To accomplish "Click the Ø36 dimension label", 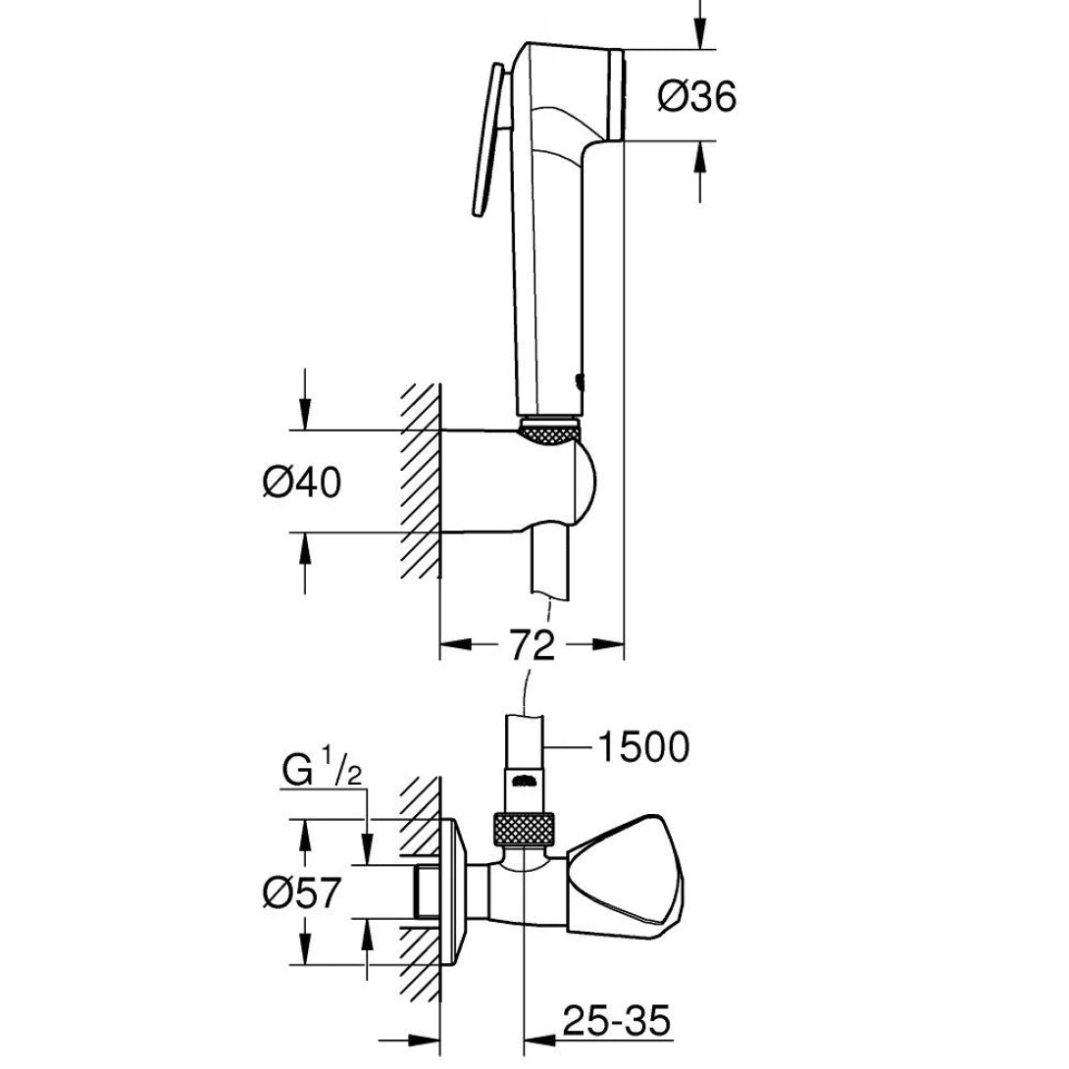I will pos(697,96).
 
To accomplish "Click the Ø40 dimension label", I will pos(302,482).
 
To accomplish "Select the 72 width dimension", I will pos(531,644).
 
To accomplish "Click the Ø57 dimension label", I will pos(302,892).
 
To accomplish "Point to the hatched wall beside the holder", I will pos(419,481).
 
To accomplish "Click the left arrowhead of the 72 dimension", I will pos(447,644).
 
